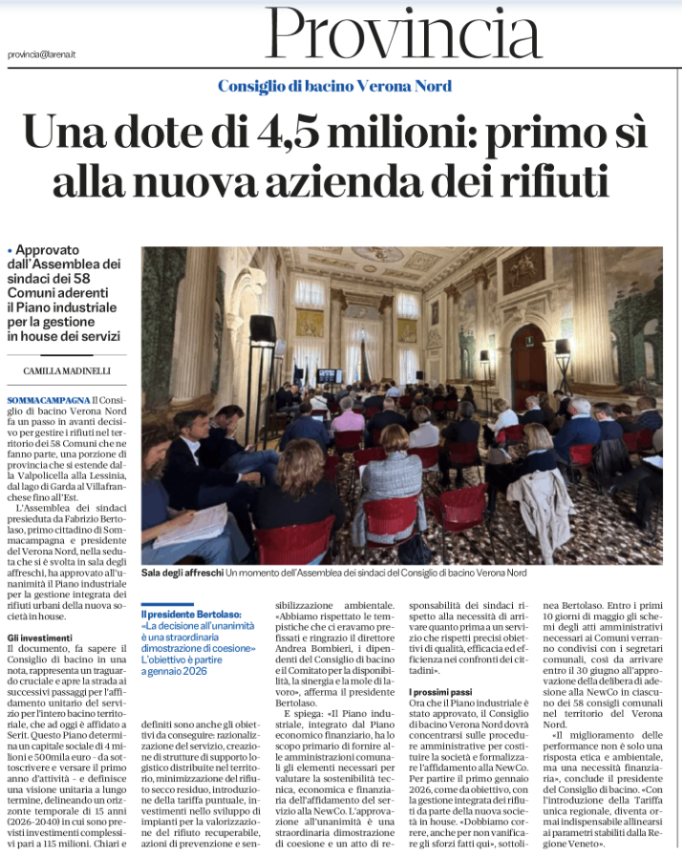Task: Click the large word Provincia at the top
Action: click(403, 34)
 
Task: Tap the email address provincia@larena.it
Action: click(42, 54)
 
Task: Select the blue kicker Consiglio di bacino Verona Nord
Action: click(334, 86)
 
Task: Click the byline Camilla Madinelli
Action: click(68, 370)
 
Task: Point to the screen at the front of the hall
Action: click(330, 376)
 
